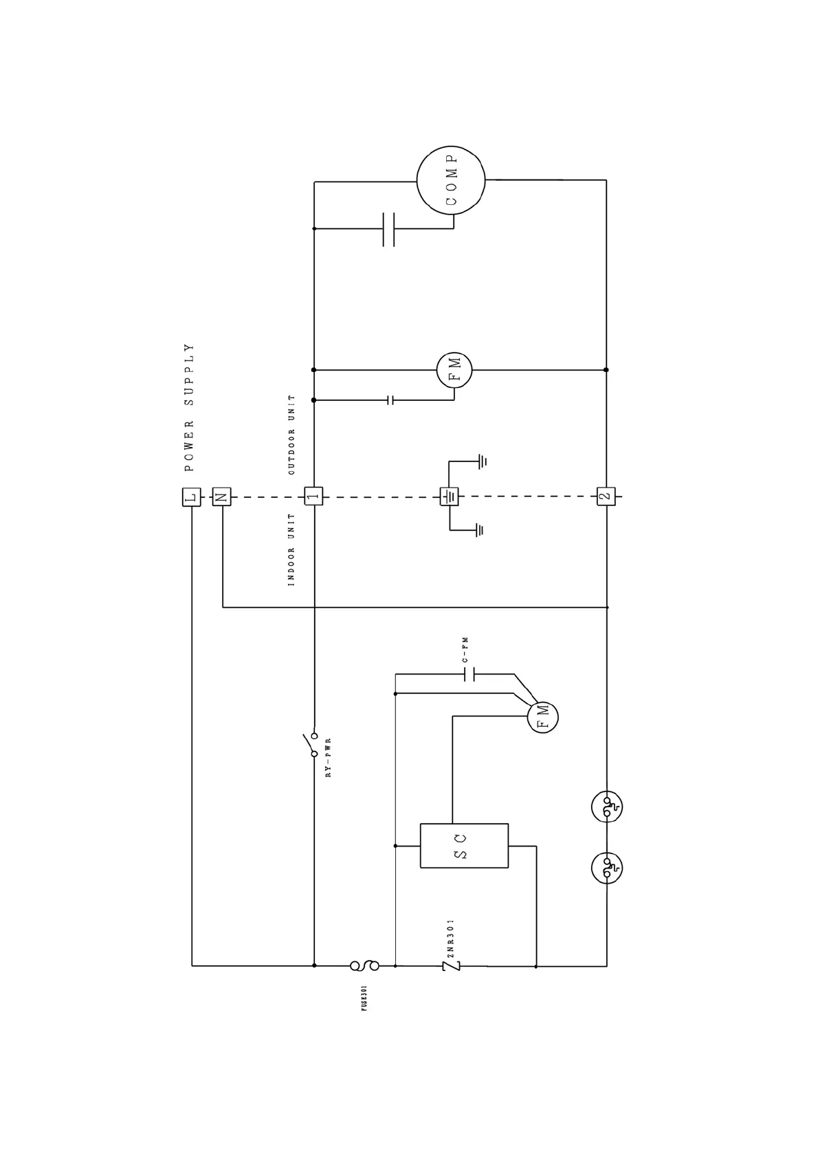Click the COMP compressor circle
click(451, 181)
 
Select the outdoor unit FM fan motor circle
click(454, 370)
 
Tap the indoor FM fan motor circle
click(542, 717)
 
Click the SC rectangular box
click(464, 845)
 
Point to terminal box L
click(192, 496)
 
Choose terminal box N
click(221, 496)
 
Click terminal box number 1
click(313, 496)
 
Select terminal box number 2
click(606, 496)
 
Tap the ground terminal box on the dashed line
click(449, 496)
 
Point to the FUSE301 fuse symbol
click(364, 965)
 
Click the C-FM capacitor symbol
click(470, 675)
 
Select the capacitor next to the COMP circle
click(388, 229)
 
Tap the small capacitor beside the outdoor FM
click(390, 400)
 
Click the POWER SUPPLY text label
click(190, 408)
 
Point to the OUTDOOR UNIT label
click(291, 435)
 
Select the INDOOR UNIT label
click(291, 549)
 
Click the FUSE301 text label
click(364, 998)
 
